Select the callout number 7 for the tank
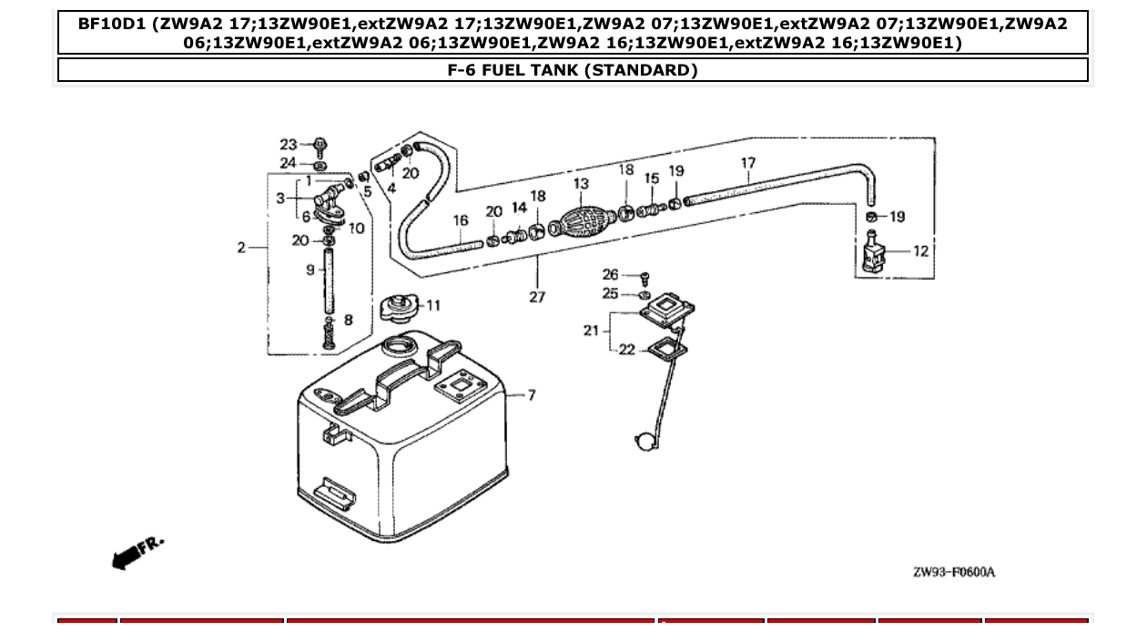pos(532,395)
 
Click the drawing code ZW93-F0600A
pos(953,572)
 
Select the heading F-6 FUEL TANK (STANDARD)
pos(573,70)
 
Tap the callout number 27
pos(537,297)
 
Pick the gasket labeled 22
pos(665,348)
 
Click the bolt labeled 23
pos(320,146)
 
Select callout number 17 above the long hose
pos(748,164)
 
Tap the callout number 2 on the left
pos(242,248)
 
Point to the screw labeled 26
pos(645,275)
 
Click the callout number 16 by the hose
pos(461,220)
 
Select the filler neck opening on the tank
pos(399,346)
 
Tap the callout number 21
pos(591,331)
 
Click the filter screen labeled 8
pos(329,339)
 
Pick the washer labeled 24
pos(320,166)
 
